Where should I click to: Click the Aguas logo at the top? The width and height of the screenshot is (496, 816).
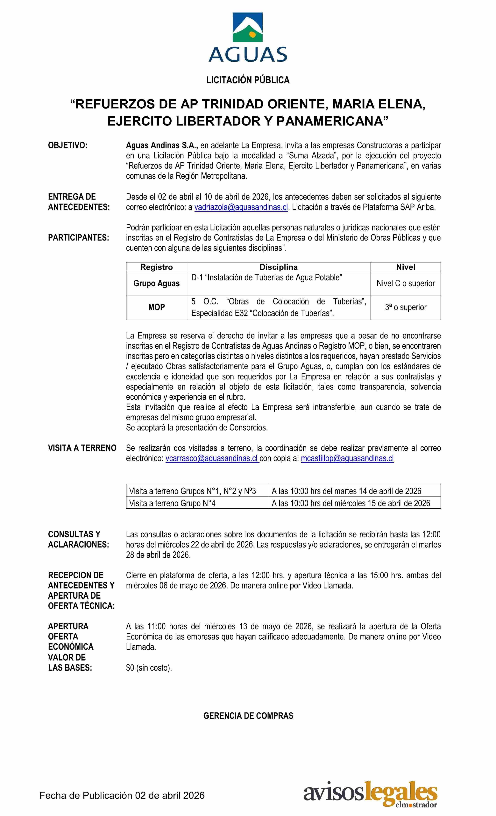pyautogui.click(x=248, y=37)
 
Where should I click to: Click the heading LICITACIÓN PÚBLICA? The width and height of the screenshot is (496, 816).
pyautogui.click(x=248, y=80)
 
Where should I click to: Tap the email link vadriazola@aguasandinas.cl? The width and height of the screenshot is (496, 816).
pyautogui.click(x=241, y=207)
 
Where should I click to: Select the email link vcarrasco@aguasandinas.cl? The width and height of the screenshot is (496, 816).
pyautogui.click(x=212, y=458)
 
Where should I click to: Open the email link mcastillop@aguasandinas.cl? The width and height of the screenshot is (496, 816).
pyautogui.click(x=347, y=458)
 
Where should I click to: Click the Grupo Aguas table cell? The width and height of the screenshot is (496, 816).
pyautogui.click(x=157, y=283)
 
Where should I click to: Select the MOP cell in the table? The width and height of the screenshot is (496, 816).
pyautogui.click(x=157, y=307)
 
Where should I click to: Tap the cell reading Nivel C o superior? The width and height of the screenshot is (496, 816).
pyautogui.click(x=406, y=283)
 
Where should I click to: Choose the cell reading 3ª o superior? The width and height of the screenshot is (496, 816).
pyautogui.click(x=406, y=307)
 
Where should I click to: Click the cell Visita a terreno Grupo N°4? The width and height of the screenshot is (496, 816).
pyautogui.click(x=172, y=503)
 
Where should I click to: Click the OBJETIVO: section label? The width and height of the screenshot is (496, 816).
pyautogui.click(x=68, y=145)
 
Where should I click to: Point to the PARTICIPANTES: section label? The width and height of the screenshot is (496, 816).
pyautogui.click(x=79, y=238)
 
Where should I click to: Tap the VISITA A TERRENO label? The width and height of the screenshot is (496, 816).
pyautogui.click(x=82, y=448)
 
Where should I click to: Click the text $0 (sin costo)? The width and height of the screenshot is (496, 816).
pyautogui.click(x=149, y=668)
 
